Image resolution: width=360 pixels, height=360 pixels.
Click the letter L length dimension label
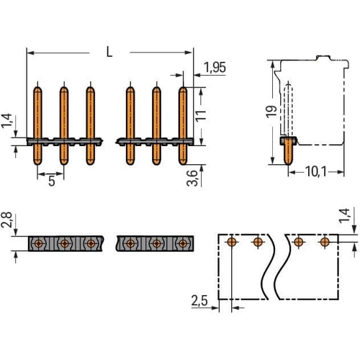click(x=109, y=52)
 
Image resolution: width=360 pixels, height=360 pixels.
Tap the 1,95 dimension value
click(x=215, y=68)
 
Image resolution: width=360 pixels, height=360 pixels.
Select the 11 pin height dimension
click(x=201, y=116)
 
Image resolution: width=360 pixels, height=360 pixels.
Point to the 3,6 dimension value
click(x=192, y=179)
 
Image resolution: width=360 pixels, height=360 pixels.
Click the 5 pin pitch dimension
click(x=52, y=181)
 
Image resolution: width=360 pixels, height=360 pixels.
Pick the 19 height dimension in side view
click(x=271, y=112)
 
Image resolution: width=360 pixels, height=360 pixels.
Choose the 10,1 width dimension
click(x=316, y=172)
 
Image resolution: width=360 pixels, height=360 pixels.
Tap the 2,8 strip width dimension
click(x=6, y=220)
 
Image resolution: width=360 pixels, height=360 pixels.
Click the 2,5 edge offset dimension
click(x=199, y=300)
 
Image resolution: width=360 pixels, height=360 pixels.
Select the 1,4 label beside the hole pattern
click(x=344, y=216)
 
